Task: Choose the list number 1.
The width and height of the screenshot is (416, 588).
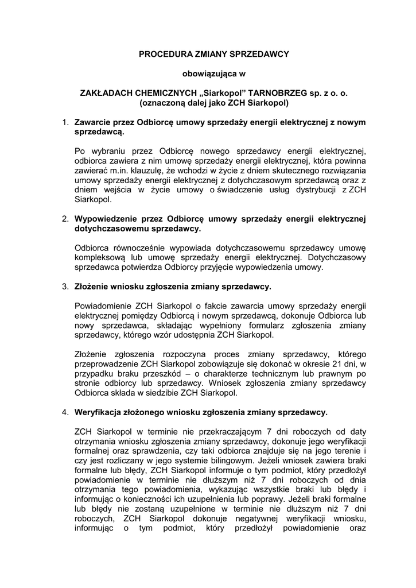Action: click(65, 123)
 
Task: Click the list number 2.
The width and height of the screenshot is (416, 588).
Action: click(65, 219)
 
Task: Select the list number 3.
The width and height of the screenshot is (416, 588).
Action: click(65, 286)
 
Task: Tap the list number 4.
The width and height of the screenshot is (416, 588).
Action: click(65, 412)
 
